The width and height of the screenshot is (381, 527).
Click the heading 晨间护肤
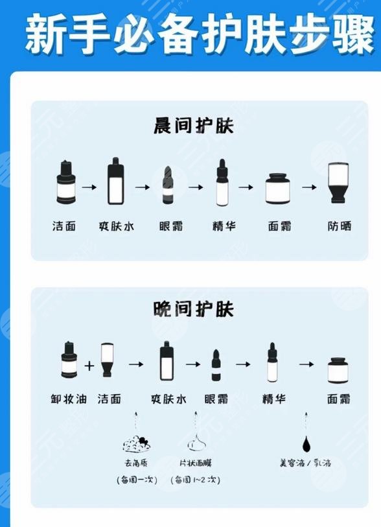(193, 125)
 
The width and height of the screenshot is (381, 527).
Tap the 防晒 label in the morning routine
(340, 226)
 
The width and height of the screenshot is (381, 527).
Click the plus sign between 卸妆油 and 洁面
(89, 366)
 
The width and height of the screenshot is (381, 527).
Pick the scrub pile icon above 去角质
(137, 444)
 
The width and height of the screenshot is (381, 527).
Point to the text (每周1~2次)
(195, 480)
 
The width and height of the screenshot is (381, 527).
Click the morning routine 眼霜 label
(170, 226)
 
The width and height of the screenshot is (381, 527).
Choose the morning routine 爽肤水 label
(115, 226)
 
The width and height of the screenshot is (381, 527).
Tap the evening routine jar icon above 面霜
(338, 370)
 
